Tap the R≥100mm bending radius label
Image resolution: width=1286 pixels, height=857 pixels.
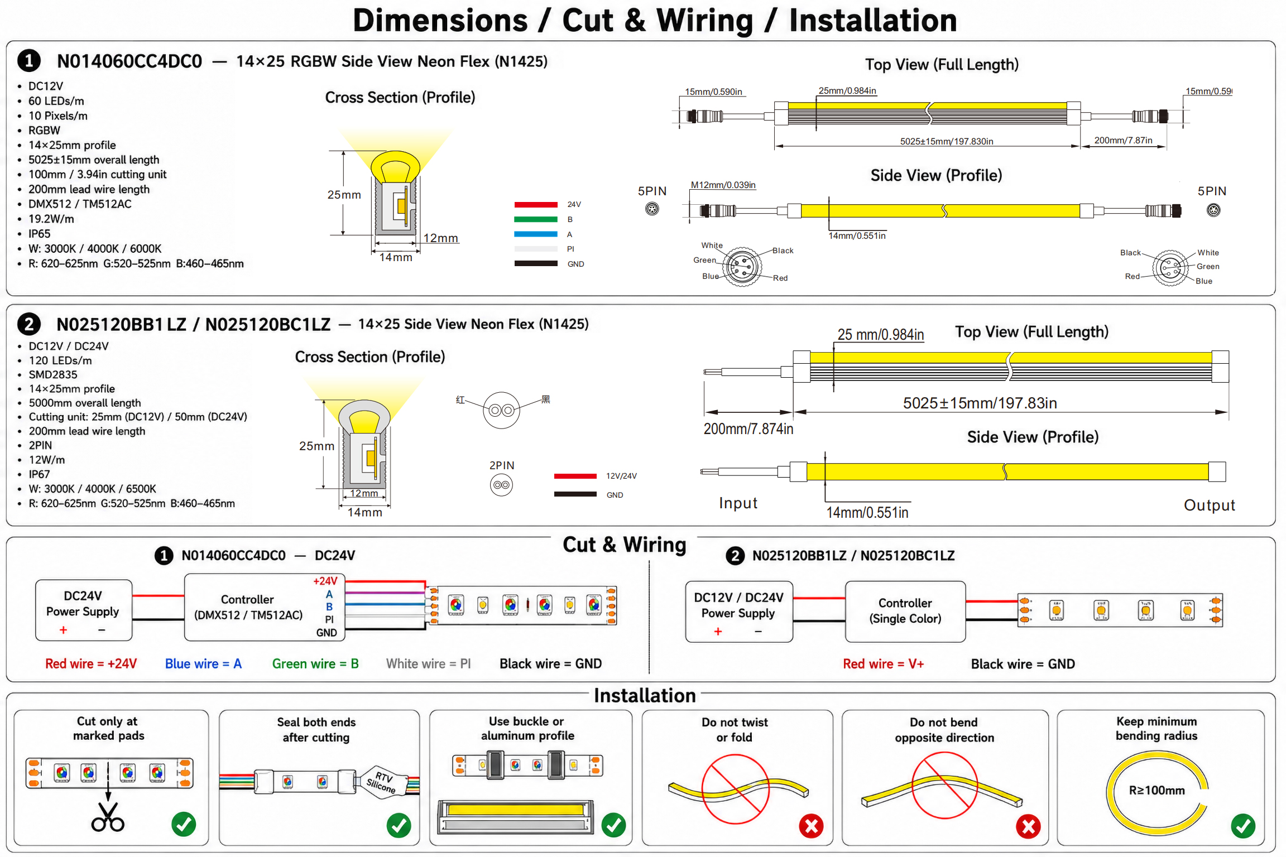1157,790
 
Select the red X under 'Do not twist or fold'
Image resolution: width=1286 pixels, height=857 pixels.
811,826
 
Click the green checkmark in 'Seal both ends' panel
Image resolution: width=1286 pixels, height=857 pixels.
399,825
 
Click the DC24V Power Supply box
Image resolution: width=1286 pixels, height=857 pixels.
84,610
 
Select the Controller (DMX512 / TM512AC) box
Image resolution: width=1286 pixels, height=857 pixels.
265,607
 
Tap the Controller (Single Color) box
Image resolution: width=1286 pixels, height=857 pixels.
905,611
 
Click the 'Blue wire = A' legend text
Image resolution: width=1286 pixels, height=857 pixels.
203,663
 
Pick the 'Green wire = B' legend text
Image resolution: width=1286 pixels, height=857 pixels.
315,663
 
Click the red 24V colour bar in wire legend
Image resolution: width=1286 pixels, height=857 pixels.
536,205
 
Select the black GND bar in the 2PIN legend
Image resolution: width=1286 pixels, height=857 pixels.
575,494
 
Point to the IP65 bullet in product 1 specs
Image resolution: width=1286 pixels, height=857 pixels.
39,234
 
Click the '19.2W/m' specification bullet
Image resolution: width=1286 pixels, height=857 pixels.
51,219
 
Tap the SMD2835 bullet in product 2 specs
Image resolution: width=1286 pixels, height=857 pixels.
53,374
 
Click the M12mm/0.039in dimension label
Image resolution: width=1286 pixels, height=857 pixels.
723,185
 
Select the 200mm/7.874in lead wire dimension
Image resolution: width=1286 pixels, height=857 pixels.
748,428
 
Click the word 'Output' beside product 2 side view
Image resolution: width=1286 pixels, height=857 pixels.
1209,505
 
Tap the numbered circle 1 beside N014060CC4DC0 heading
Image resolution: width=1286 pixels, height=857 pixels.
29,60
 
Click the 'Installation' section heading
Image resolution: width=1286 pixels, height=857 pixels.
645,695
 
